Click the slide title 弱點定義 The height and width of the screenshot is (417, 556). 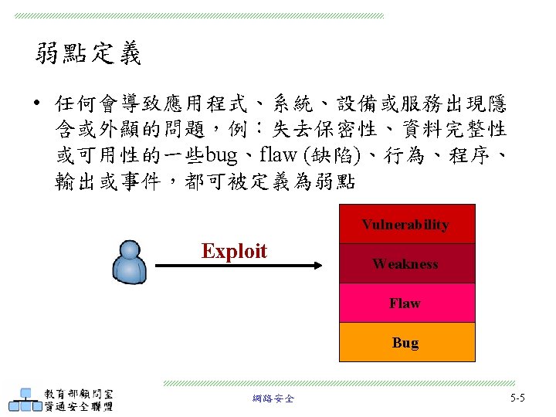coord(88,54)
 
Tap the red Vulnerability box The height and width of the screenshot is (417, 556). coord(407,224)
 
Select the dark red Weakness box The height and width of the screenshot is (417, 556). coord(407,263)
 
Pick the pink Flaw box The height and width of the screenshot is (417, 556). coord(407,303)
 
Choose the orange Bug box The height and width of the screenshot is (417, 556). coord(407,342)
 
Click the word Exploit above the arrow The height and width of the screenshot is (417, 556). coord(234,251)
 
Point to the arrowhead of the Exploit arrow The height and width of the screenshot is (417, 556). coord(316,266)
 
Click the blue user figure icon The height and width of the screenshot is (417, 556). coord(129,262)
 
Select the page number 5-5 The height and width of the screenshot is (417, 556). coord(517,398)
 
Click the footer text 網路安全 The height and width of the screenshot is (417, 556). coord(273,398)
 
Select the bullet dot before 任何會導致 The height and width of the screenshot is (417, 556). coord(38,103)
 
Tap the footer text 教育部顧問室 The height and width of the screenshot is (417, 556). coord(79,392)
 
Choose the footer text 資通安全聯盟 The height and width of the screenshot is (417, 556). coord(79,406)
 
